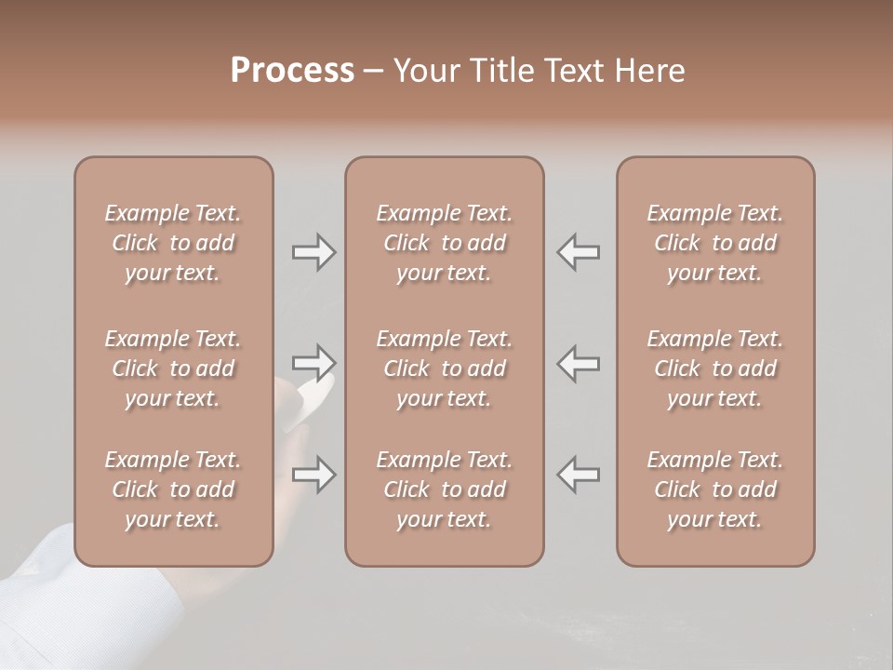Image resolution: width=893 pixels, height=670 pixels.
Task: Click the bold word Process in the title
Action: click(x=292, y=71)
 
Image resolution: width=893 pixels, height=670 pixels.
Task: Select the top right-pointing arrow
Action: click(x=313, y=251)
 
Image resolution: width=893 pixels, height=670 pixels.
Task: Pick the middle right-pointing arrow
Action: click(x=313, y=363)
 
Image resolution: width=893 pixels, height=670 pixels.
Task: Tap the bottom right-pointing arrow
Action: click(x=313, y=475)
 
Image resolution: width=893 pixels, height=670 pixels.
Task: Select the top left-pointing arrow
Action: click(x=579, y=251)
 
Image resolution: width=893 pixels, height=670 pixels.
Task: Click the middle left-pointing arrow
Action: click(x=579, y=363)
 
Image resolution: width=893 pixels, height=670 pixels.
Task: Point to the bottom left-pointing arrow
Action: click(x=579, y=475)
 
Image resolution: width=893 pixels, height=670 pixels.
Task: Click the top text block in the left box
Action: click(x=173, y=243)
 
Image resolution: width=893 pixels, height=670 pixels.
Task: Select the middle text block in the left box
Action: click(x=173, y=368)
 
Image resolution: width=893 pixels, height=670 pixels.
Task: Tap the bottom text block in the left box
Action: click(x=173, y=489)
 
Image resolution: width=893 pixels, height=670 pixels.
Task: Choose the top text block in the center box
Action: click(x=444, y=243)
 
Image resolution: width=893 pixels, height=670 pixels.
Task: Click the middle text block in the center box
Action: click(x=444, y=368)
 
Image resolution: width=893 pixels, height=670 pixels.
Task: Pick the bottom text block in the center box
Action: click(x=444, y=489)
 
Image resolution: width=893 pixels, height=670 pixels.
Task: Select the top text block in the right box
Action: click(x=714, y=243)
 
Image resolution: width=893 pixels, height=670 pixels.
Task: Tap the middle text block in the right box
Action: click(x=714, y=368)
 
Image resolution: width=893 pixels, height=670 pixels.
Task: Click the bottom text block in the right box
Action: click(x=714, y=489)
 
